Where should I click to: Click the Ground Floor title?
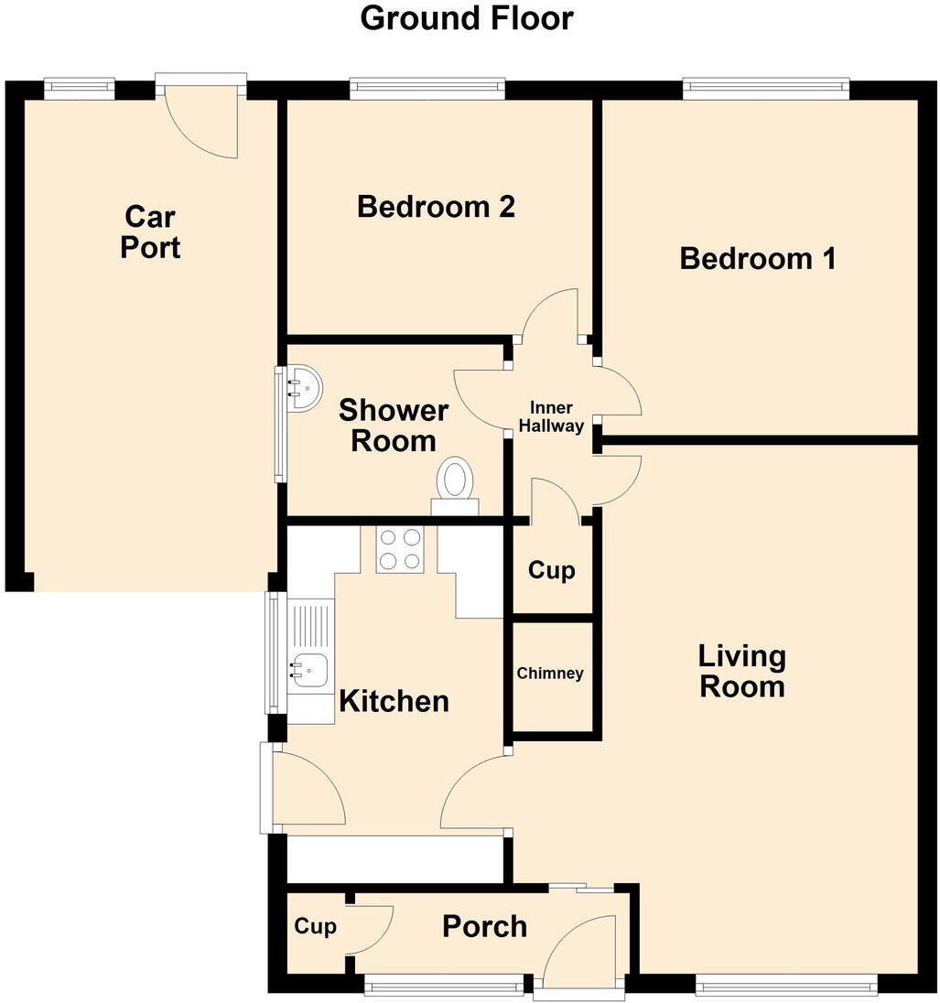coord(467,18)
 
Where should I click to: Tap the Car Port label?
coord(150,232)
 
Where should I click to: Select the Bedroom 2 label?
coord(436,207)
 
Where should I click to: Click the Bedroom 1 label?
coord(758,259)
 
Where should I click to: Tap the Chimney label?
coord(550,674)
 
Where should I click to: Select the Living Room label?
coord(741,671)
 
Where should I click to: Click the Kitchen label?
coord(394,702)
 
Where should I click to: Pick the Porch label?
coord(484,926)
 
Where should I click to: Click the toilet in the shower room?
coord(455,480)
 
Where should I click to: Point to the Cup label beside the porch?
coord(315,926)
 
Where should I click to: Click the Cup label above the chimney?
coord(552,571)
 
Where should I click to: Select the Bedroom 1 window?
coord(765,89)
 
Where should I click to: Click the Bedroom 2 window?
coord(427,89)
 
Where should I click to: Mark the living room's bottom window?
coord(785,985)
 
